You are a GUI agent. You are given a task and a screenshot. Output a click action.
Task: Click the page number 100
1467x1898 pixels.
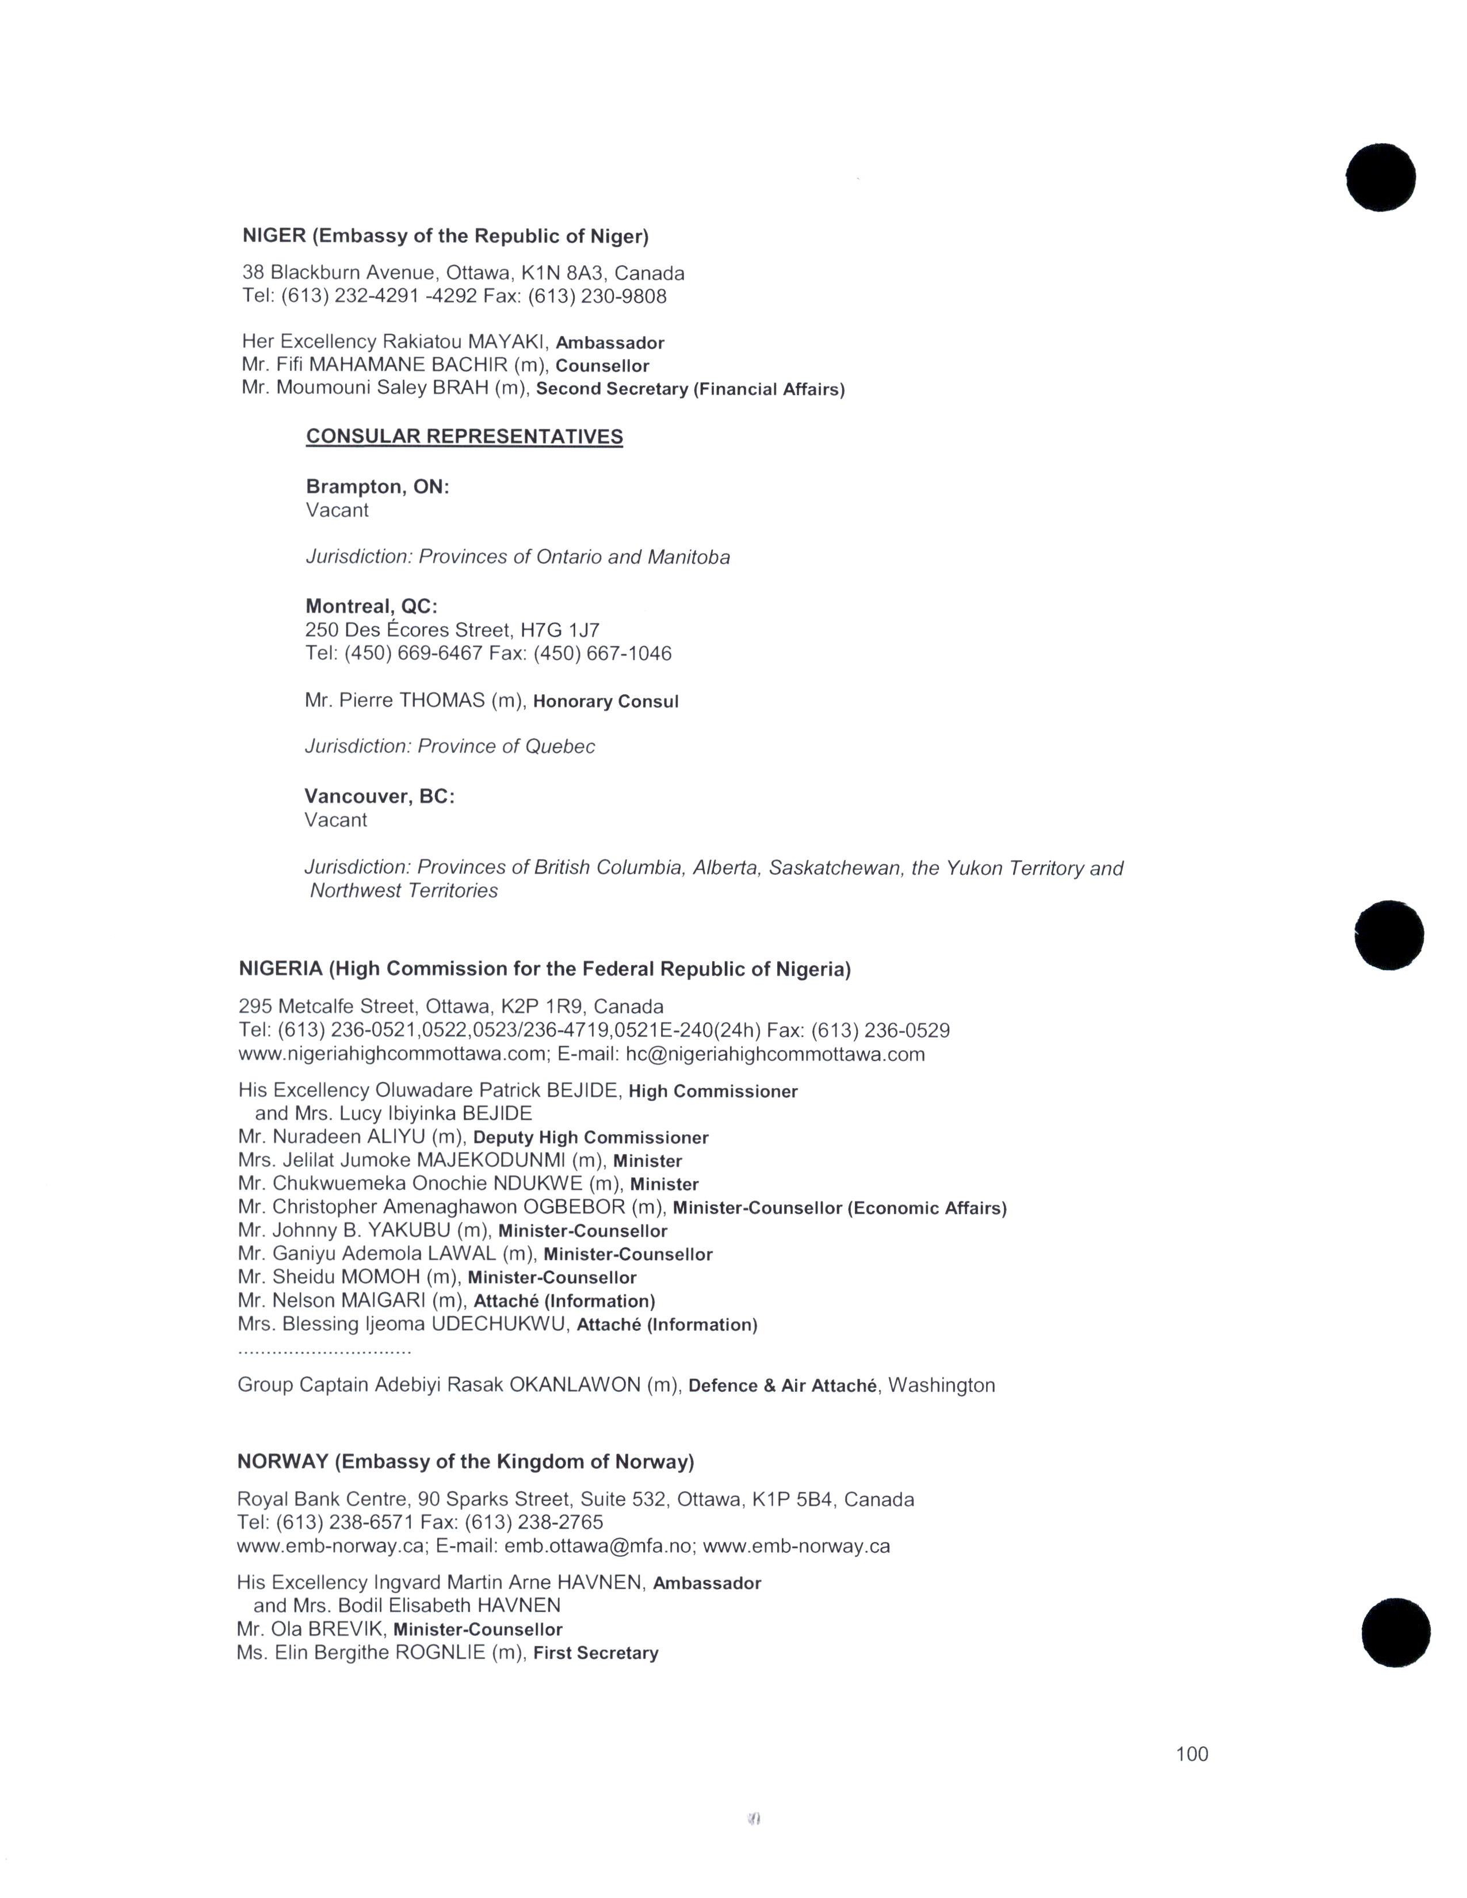click(x=1191, y=1754)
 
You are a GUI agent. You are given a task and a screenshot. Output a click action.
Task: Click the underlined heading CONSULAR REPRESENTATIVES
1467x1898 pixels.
click(x=464, y=437)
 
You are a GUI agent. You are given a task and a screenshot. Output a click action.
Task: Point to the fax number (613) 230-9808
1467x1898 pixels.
click(x=597, y=296)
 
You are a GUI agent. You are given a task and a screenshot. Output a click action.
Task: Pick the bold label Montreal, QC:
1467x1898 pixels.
click(x=371, y=606)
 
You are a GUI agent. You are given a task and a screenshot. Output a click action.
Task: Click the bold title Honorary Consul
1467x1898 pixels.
click(x=606, y=701)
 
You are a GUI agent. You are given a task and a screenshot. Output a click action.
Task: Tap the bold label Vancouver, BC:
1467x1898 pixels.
click(x=379, y=796)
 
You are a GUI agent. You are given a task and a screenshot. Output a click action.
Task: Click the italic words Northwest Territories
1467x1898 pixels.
click(x=404, y=891)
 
